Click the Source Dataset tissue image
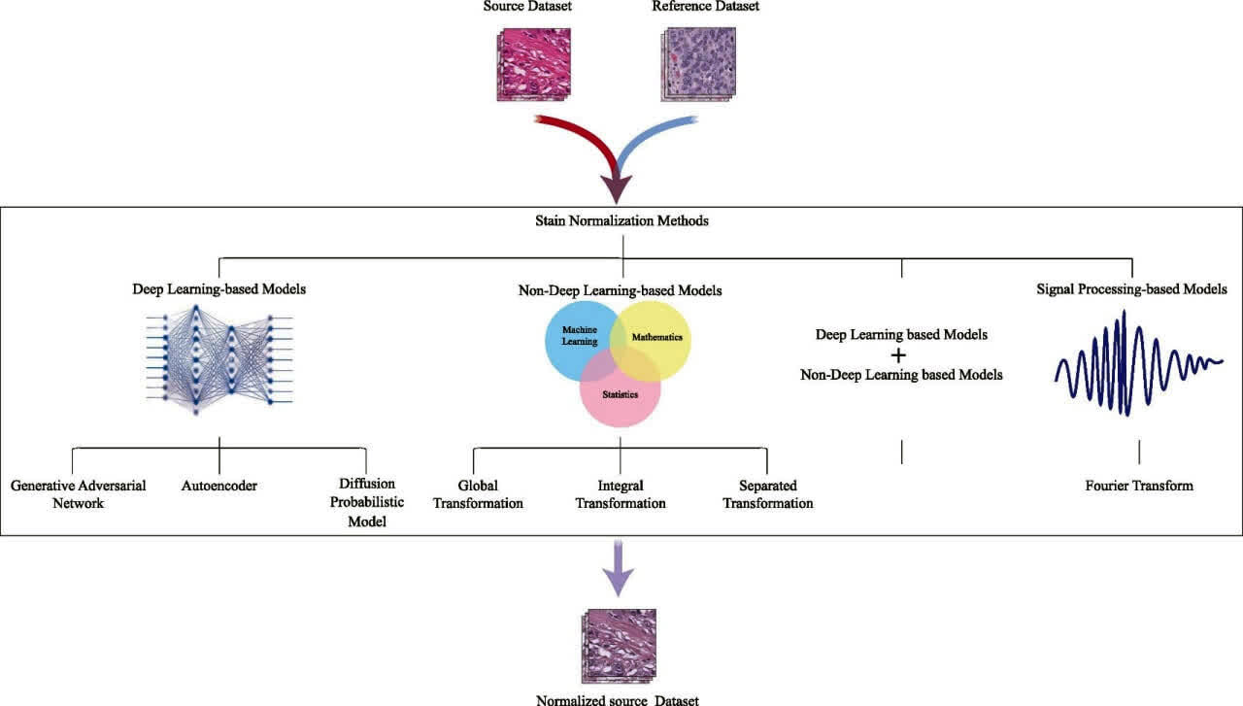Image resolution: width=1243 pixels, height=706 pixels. (x=528, y=64)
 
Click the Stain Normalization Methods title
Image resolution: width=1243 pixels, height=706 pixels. (x=621, y=220)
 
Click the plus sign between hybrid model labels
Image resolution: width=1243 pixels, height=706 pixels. (x=898, y=354)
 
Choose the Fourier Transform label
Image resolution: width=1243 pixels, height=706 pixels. (x=1139, y=485)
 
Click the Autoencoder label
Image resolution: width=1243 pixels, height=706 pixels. (x=219, y=485)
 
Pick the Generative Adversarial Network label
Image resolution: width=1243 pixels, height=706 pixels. (x=79, y=493)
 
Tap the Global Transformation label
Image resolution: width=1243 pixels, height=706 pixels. (x=478, y=493)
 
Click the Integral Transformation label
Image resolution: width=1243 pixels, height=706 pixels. (x=621, y=493)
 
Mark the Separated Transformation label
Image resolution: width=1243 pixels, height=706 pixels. (x=767, y=493)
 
